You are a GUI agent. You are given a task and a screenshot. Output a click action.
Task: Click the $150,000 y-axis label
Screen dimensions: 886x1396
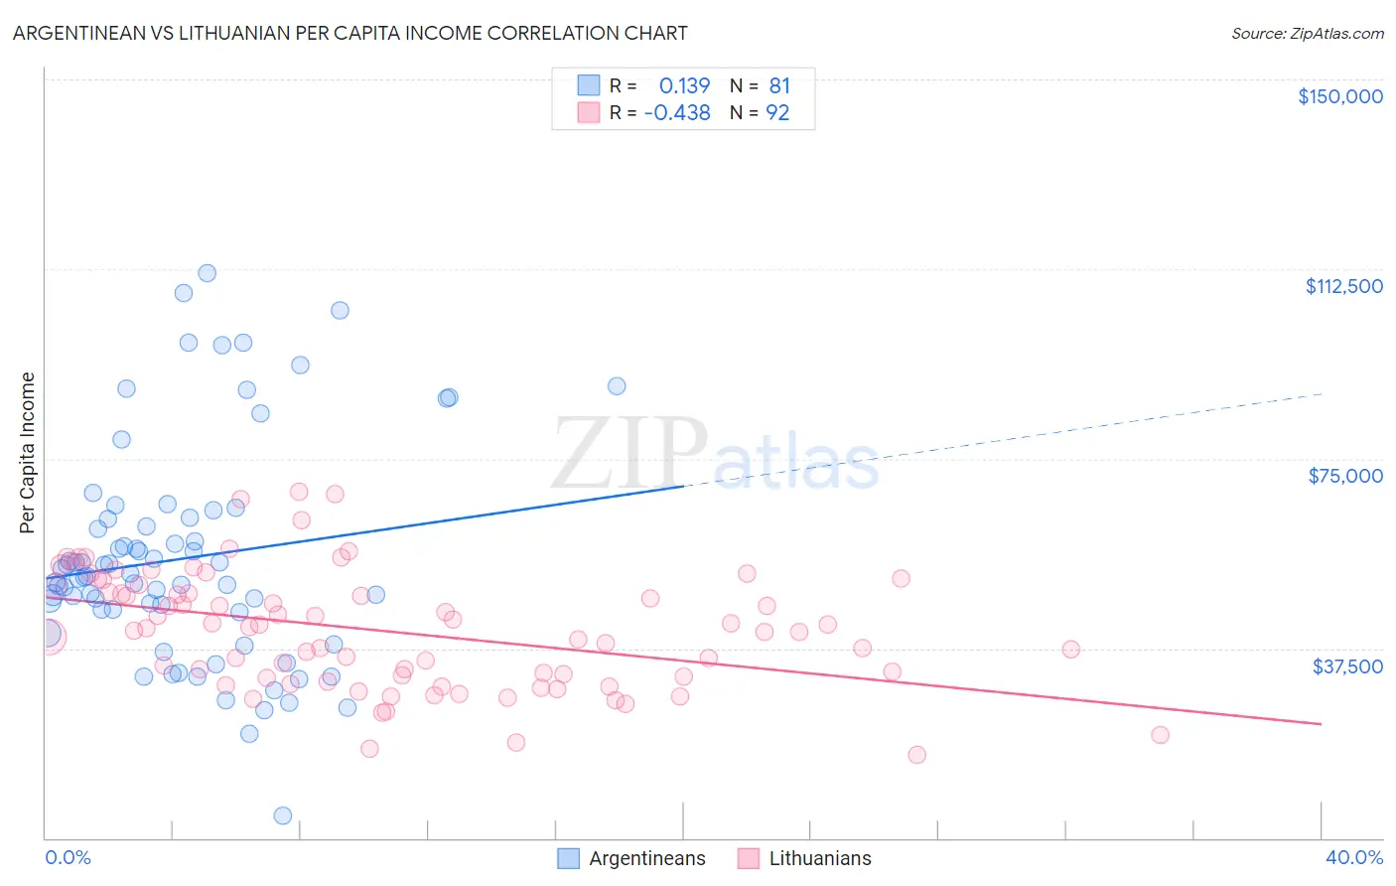[1339, 96]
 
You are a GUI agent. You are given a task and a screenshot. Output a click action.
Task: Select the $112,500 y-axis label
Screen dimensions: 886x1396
[1343, 286]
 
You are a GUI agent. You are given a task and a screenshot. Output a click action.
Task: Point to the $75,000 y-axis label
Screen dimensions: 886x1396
[1345, 476]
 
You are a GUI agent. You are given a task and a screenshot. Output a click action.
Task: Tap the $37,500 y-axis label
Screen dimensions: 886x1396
[1347, 665]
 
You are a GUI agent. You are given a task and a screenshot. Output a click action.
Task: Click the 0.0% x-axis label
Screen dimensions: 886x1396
[68, 857]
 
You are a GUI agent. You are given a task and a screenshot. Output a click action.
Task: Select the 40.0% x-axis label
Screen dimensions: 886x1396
[1353, 857]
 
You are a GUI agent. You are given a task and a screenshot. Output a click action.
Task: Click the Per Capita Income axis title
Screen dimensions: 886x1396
[28, 452]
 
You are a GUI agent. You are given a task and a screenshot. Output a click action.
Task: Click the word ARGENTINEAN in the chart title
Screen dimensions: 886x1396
[76, 33]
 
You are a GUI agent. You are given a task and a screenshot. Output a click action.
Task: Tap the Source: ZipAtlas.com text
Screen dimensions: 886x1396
[1307, 33]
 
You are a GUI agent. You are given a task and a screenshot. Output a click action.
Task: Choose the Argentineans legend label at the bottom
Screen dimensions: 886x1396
[646, 858]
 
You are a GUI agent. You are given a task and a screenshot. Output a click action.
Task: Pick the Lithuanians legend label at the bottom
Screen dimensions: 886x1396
[819, 858]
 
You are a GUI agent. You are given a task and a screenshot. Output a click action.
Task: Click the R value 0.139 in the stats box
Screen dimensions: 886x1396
[684, 85]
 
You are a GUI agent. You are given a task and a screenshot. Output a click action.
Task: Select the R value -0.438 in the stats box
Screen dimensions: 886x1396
[677, 112]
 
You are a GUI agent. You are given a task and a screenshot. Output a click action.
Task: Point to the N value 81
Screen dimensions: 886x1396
[779, 85]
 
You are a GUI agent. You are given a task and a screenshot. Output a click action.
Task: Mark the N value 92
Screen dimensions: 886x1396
[777, 112]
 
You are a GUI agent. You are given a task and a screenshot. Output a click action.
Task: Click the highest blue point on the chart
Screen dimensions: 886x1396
[207, 273]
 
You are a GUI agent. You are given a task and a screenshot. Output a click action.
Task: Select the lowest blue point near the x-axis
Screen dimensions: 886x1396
[283, 815]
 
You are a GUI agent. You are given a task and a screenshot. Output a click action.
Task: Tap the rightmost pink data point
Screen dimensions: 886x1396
[1160, 735]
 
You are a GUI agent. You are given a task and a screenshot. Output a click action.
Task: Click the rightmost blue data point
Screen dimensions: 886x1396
[617, 386]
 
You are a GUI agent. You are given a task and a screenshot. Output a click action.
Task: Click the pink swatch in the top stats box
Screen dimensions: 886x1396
[589, 112]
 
